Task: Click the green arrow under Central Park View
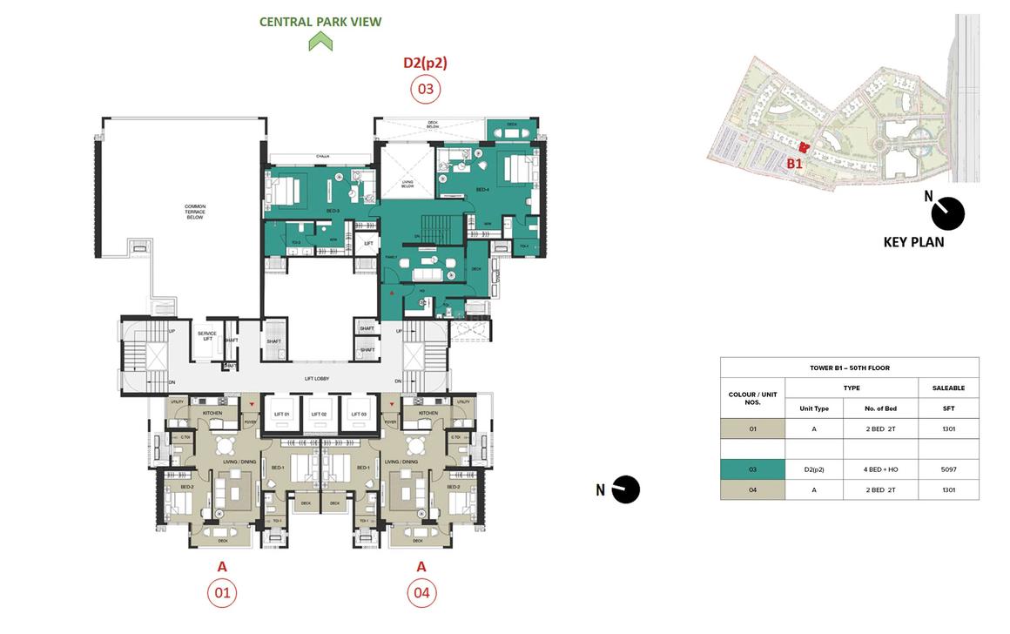[320, 41]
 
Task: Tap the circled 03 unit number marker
[425, 88]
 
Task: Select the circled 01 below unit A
[221, 594]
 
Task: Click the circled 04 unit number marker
[421, 594]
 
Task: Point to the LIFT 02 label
[320, 414]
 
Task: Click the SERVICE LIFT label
[206, 335]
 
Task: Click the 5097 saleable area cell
[948, 469]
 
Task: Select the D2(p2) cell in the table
[814, 469]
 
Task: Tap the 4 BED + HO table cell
[880, 469]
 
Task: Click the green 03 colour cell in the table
[752, 469]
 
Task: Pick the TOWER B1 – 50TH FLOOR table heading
[849, 368]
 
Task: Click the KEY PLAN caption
[913, 242]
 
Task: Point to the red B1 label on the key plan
[794, 163]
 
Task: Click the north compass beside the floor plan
[625, 489]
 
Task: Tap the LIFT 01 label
[281, 414]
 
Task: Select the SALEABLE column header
[948, 388]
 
